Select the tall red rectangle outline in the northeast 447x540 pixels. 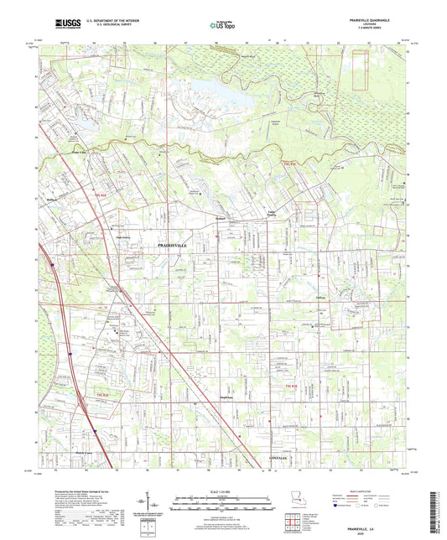coord(361,79)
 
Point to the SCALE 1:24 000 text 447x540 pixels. coord(222,475)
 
